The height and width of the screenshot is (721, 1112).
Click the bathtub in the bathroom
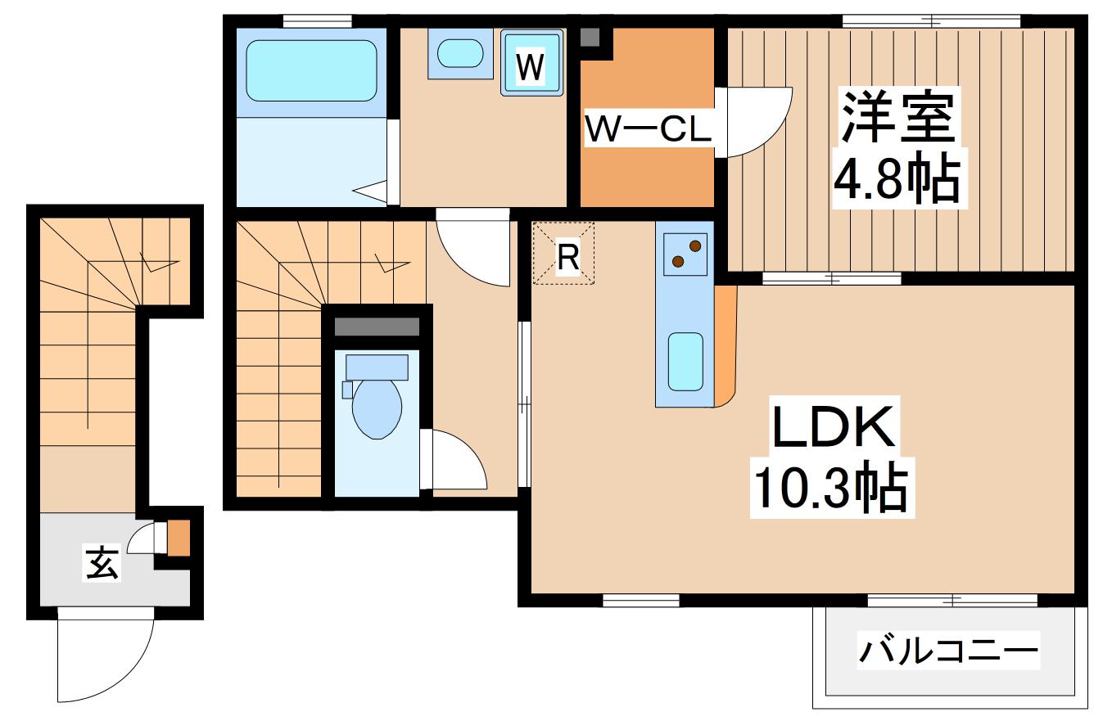coord(311,70)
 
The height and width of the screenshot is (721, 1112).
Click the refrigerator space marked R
coord(564,253)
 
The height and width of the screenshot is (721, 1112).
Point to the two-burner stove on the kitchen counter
coord(685,253)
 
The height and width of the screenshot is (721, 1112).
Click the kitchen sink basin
coord(685,361)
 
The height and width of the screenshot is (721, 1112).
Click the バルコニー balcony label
coord(948,652)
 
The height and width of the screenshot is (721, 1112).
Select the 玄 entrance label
coord(103,563)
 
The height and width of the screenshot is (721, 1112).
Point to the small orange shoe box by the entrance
coord(179,537)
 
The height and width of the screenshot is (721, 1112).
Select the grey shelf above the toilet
coord(377,325)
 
